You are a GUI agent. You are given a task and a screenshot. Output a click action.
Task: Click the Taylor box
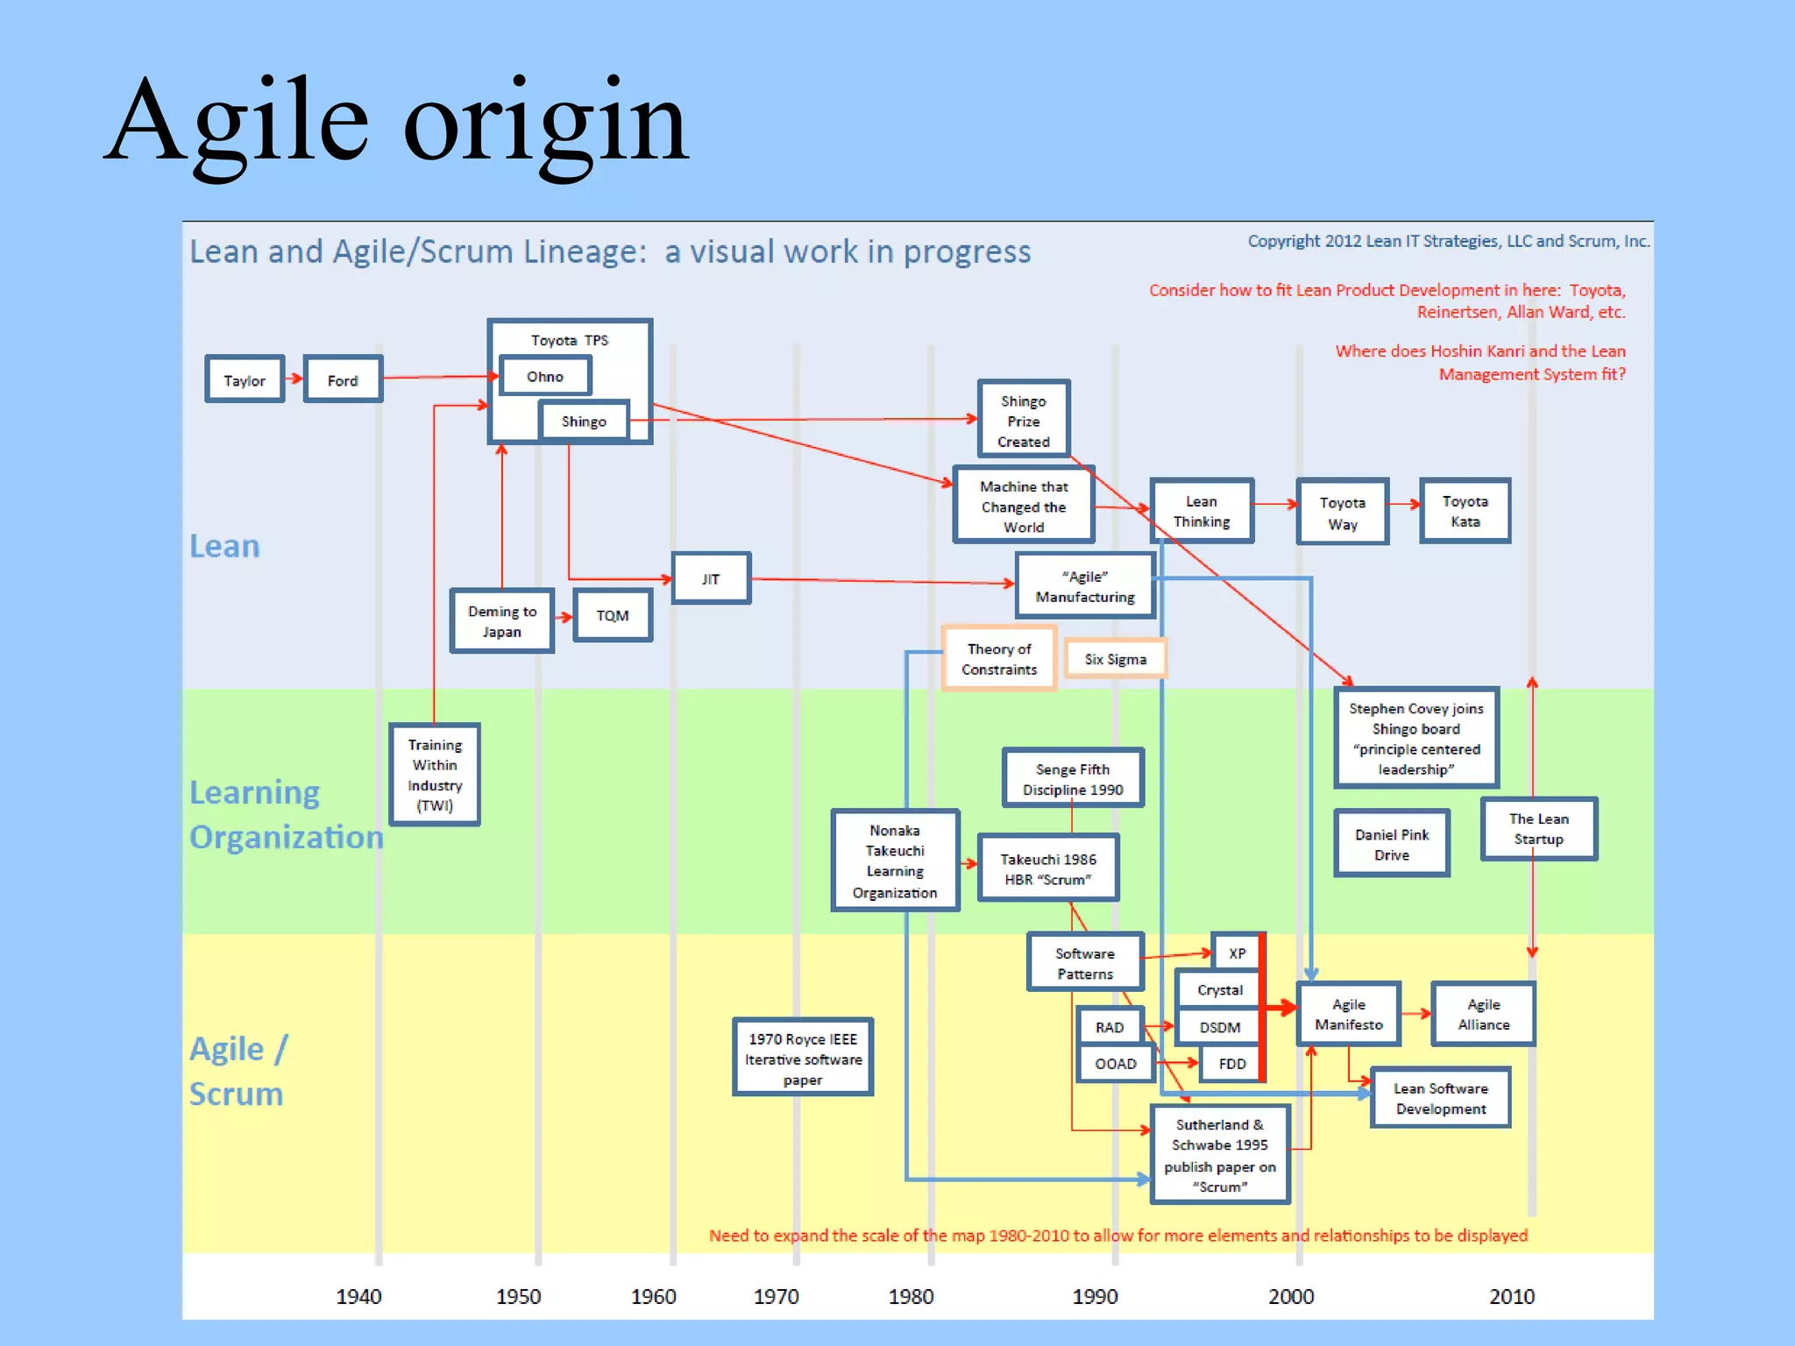[x=245, y=379]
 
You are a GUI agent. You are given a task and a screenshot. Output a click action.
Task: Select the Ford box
[x=343, y=379]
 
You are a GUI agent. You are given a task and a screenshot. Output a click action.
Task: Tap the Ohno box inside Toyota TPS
[x=545, y=376]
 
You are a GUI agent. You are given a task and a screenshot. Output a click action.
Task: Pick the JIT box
[x=711, y=578]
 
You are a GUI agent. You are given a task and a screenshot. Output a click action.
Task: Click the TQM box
[x=613, y=615]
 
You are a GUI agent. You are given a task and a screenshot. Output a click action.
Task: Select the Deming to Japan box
[x=501, y=621]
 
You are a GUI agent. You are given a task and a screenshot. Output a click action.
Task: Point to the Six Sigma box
[x=1115, y=659]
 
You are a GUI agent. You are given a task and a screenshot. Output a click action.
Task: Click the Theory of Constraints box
[x=999, y=659]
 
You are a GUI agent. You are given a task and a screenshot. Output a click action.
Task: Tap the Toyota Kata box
[x=1465, y=511]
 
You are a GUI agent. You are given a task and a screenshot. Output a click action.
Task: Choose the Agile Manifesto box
[x=1348, y=1014]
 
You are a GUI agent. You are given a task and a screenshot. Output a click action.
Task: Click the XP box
[x=1237, y=953]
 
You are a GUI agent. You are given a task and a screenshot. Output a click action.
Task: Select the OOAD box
[x=1115, y=1064]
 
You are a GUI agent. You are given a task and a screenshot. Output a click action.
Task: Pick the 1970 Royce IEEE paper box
[x=803, y=1059]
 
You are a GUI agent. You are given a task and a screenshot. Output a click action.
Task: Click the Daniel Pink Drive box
[x=1391, y=844]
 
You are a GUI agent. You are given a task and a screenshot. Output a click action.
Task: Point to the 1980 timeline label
[x=911, y=1296]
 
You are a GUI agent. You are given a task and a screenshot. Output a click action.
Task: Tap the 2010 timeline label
[x=1511, y=1296]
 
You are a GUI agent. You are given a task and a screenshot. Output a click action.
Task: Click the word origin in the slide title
[x=545, y=123]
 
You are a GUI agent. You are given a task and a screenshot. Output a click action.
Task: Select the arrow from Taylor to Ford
[x=294, y=379]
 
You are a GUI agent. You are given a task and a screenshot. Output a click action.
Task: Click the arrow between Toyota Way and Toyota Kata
[x=1404, y=504]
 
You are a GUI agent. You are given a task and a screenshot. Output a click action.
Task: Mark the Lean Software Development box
[x=1440, y=1098]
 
